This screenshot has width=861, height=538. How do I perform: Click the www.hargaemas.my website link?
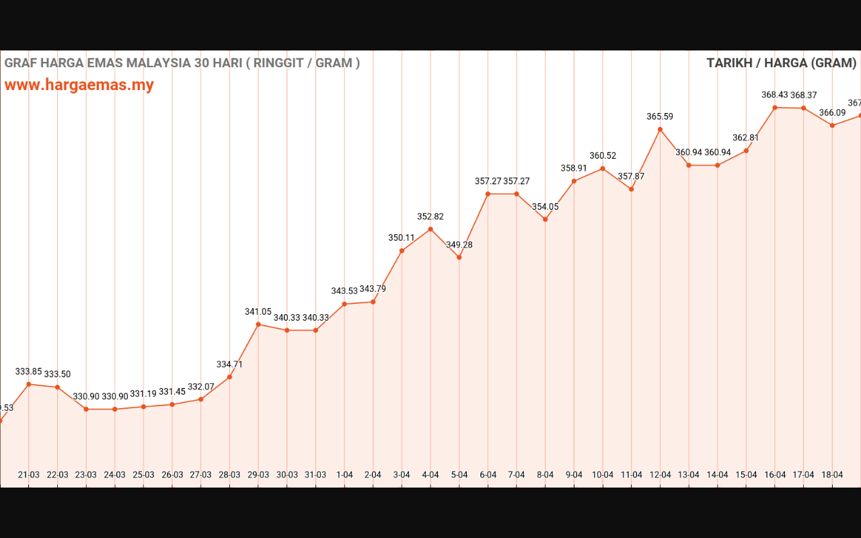pyautogui.click(x=79, y=85)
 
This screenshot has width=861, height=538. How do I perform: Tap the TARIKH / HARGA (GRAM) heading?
pyautogui.click(x=781, y=63)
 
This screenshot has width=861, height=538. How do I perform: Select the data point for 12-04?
pyautogui.click(x=660, y=129)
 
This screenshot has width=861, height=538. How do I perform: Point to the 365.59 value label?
pyautogui.click(x=660, y=116)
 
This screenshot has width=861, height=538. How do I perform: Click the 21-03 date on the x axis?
pyautogui.click(x=28, y=475)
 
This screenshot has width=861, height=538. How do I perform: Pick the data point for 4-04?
pyautogui.click(x=430, y=229)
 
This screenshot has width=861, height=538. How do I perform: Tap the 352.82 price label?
pyautogui.click(x=430, y=217)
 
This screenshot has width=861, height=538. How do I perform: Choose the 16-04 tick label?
pyautogui.click(x=775, y=475)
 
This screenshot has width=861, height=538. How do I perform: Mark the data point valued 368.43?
pyautogui.click(x=775, y=108)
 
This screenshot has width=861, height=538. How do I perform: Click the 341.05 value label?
pyautogui.click(x=258, y=311)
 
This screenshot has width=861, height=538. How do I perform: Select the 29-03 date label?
pyautogui.click(x=258, y=475)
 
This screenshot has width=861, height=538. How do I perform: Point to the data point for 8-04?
pyautogui.click(x=545, y=219)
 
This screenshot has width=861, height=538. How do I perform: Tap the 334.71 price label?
pyautogui.click(x=229, y=364)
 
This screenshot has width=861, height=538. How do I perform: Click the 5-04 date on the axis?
pyautogui.click(x=459, y=475)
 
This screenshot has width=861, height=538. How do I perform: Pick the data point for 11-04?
pyautogui.click(x=631, y=189)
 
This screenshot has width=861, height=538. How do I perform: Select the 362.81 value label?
pyautogui.click(x=746, y=138)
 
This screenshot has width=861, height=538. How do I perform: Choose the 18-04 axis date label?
pyautogui.click(x=832, y=475)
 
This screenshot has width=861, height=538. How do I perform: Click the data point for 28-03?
pyautogui.click(x=229, y=377)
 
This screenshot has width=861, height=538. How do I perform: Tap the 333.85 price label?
pyautogui.click(x=29, y=371)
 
